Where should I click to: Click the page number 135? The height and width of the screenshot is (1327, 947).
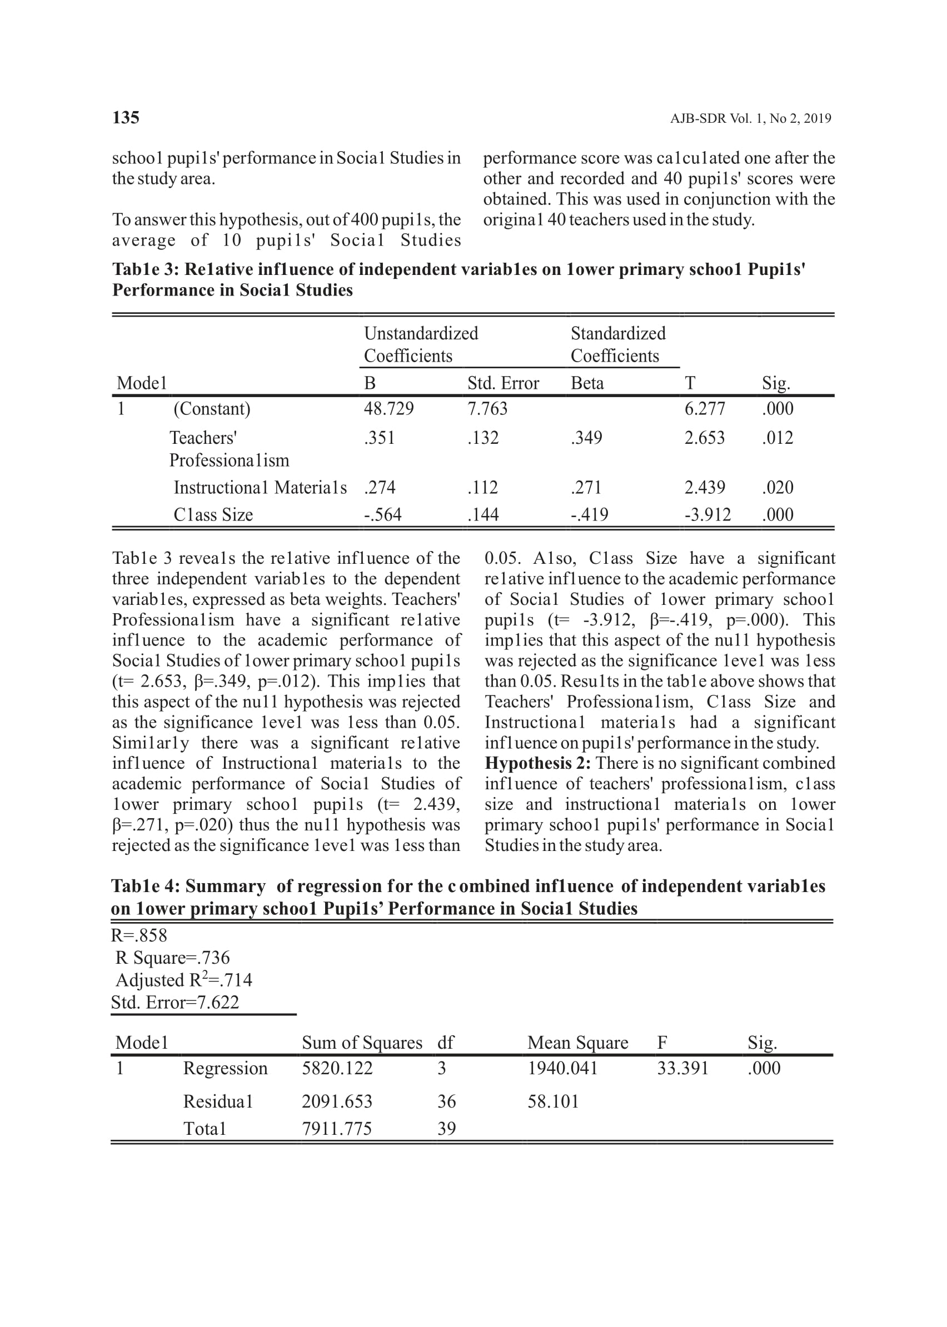click(126, 118)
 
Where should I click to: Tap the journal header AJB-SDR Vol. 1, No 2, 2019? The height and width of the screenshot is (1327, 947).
click(750, 119)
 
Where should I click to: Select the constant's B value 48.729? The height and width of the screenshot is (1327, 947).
click(388, 408)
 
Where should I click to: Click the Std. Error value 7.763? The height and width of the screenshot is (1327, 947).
click(487, 408)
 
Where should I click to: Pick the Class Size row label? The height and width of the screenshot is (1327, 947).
click(213, 514)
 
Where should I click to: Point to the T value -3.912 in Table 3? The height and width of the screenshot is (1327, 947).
click(707, 514)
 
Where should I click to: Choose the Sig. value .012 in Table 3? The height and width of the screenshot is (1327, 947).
click(777, 438)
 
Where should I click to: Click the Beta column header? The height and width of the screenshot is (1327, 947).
click(587, 383)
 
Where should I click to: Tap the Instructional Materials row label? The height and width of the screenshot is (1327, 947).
click(260, 487)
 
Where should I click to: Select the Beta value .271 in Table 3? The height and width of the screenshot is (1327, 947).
click(586, 487)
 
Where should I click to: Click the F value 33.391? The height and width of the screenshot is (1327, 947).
click(682, 1068)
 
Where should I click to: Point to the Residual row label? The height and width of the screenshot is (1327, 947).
click(218, 1101)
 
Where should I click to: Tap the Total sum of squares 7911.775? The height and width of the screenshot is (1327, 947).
click(336, 1129)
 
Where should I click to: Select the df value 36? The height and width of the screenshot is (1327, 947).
click(446, 1101)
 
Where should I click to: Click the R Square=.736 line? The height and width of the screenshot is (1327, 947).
click(173, 958)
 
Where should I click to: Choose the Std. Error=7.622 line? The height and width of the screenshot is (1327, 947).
click(175, 1003)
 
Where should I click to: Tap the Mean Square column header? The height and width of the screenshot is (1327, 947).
click(577, 1043)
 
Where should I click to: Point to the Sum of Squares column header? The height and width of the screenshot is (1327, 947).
click(362, 1043)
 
